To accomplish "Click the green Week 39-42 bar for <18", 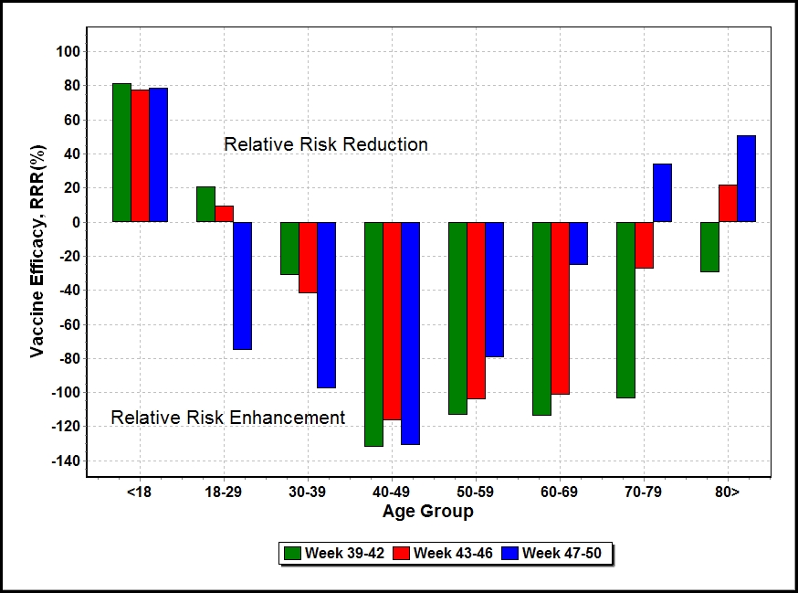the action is (x=121, y=153).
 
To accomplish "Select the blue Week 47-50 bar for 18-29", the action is (x=242, y=286).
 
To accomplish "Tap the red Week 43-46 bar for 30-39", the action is (x=308, y=258).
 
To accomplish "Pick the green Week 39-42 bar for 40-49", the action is (x=373, y=334).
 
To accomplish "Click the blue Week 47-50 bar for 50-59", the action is (x=494, y=290).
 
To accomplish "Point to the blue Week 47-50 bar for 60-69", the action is (x=578, y=243).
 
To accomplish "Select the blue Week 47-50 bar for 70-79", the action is (x=662, y=193).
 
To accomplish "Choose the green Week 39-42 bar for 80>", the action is (x=709, y=247).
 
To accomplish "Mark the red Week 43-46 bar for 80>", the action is (x=728, y=203).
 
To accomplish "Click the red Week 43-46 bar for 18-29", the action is (x=224, y=214).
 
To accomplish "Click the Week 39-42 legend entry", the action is (x=334, y=554).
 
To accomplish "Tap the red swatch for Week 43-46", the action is (x=401, y=554).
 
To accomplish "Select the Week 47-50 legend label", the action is (x=562, y=554).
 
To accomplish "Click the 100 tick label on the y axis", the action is (x=68, y=51).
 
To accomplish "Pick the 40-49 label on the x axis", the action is (x=391, y=492).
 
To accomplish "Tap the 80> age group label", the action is (x=728, y=492).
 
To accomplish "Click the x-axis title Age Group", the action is (x=428, y=511).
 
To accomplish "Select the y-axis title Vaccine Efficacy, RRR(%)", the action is (x=37, y=251).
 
